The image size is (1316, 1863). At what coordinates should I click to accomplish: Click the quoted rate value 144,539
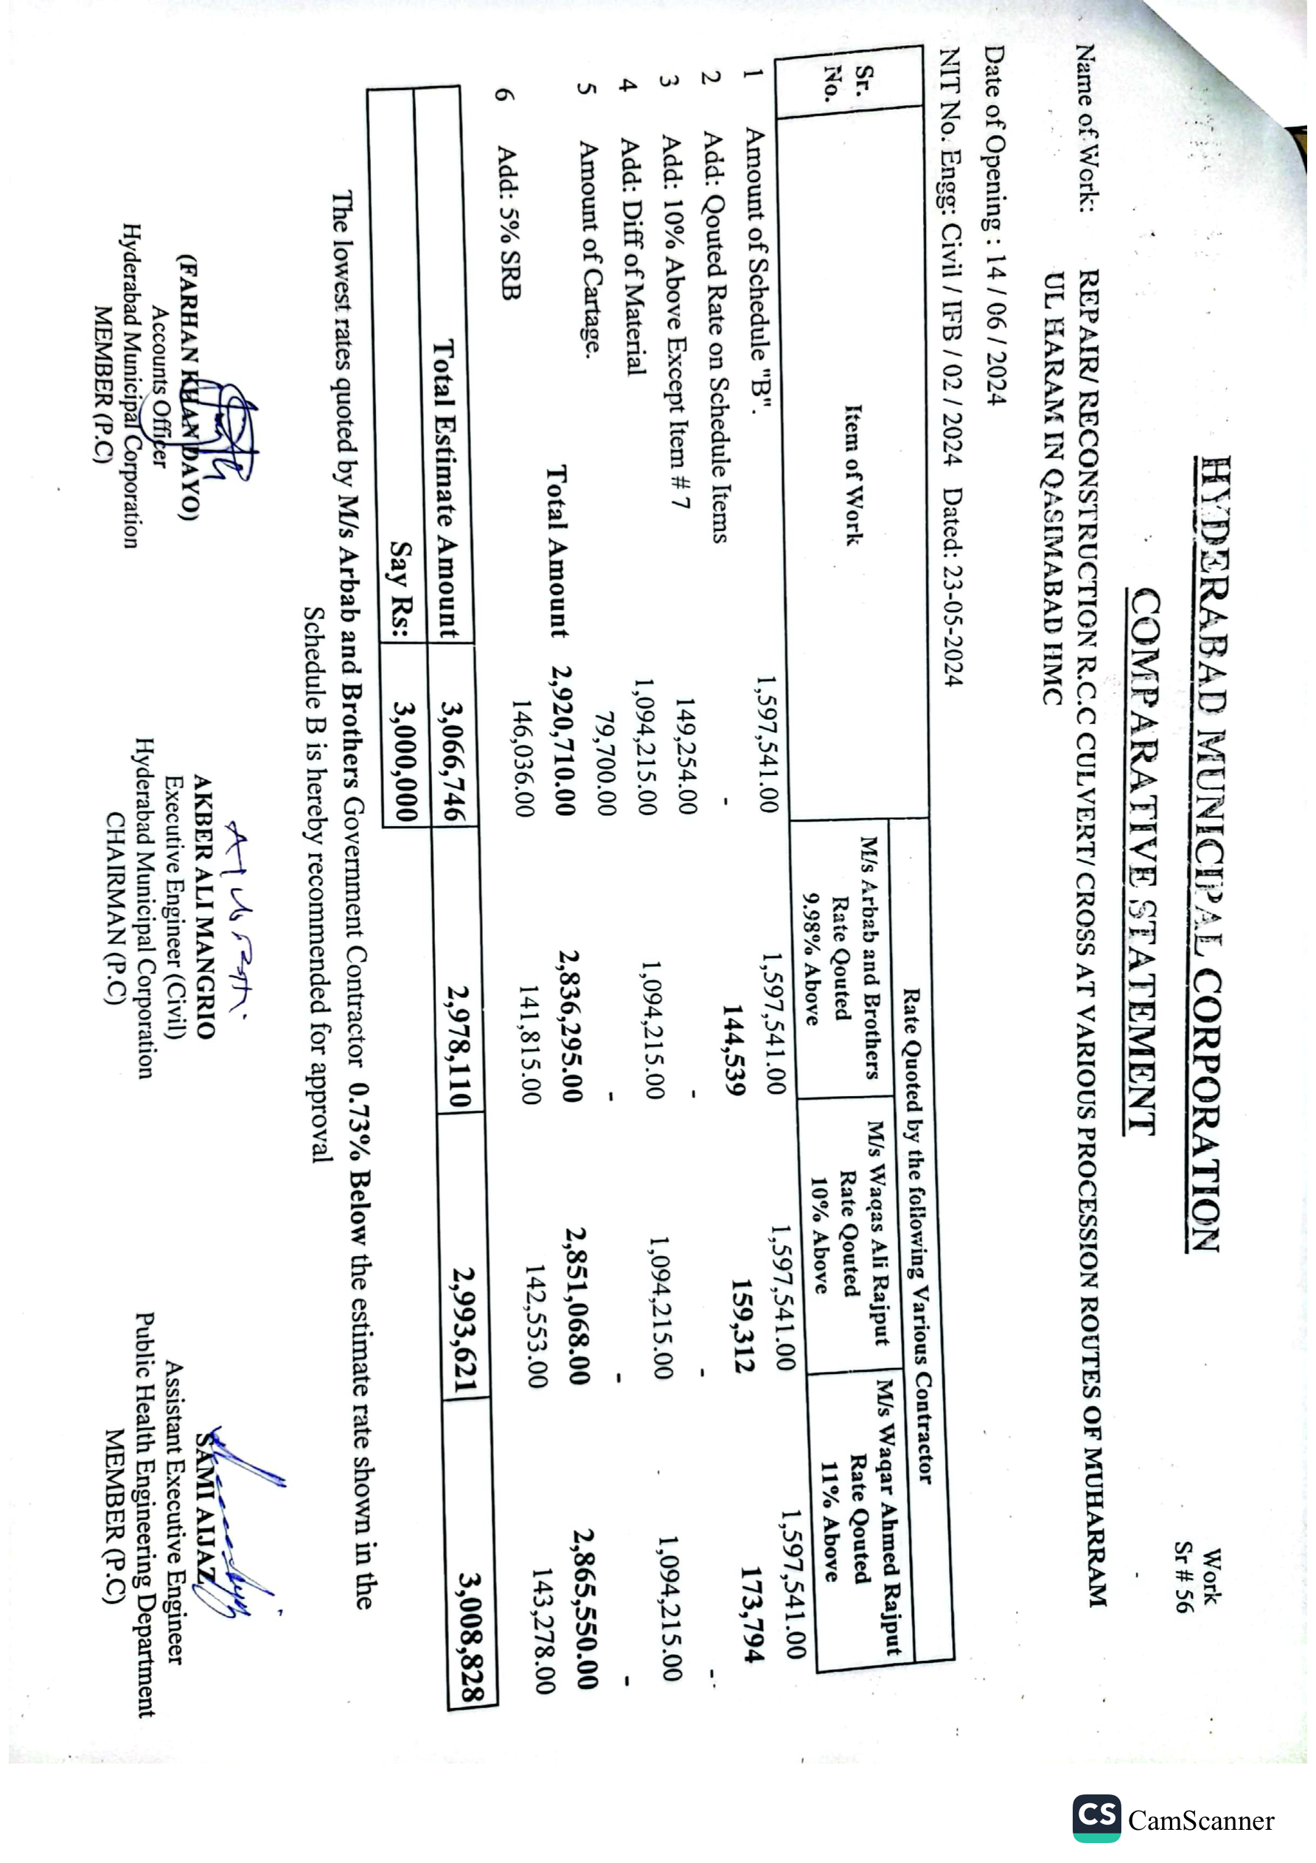pyautogui.click(x=734, y=1050)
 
